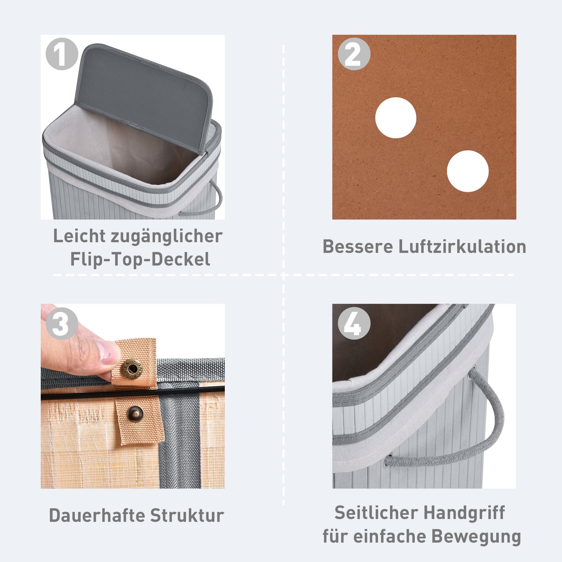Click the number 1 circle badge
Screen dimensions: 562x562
(x=62, y=54)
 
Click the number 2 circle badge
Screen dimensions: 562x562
(x=354, y=54)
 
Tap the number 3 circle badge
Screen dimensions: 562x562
(x=62, y=323)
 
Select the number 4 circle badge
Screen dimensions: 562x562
(x=354, y=323)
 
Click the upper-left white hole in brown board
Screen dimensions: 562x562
(x=396, y=117)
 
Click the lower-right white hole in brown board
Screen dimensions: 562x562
(x=468, y=171)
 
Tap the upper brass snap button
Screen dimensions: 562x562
(x=134, y=368)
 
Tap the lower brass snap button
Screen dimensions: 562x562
(x=135, y=413)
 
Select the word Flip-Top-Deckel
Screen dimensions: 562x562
(x=140, y=259)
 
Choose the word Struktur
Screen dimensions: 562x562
(x=187, y=516)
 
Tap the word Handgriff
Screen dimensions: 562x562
(x=462, y=513)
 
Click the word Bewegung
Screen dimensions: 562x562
(x=476, y=537)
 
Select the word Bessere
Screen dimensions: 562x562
(x=358, y=246)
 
